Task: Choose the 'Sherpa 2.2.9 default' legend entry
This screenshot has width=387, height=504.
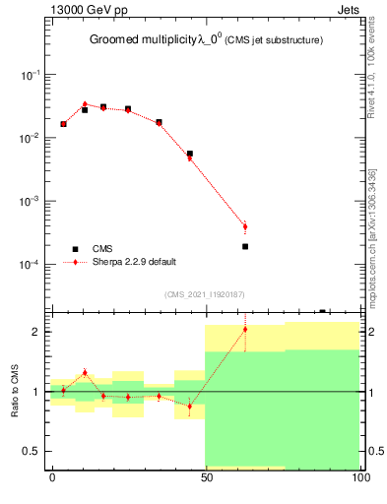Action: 135,262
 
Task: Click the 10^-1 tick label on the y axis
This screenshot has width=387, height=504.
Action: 30,75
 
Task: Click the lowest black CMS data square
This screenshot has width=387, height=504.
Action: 245,246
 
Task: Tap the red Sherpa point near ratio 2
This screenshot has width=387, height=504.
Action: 245,330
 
